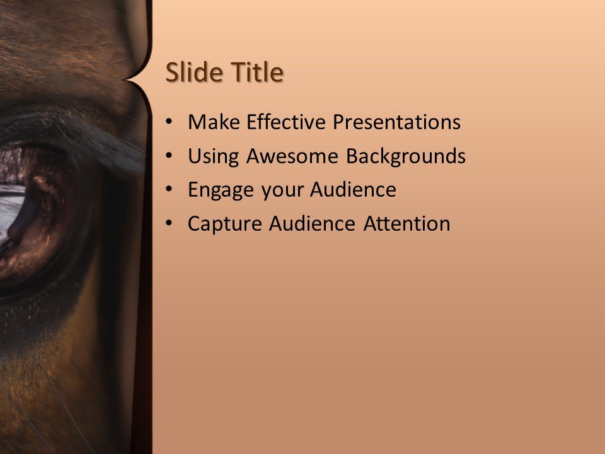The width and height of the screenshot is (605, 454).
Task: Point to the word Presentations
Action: pyautogui.click(x=397, y=122)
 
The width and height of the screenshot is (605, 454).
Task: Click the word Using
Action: pyautogui.click(x=214, y=156)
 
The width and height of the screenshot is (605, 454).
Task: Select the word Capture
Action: pyautogui.click(x=225, y=224)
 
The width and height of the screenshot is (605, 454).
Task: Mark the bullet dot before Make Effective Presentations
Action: pyautogui.click(x=167, y=122)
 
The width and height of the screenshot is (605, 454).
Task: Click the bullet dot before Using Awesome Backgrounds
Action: pyautogui.click(x=167, y=156)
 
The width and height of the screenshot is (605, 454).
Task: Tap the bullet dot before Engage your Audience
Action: pyautogui.click(x=167, y=190)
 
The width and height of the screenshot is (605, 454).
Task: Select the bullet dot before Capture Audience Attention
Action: pyautogui.click(x=167, y=224)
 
